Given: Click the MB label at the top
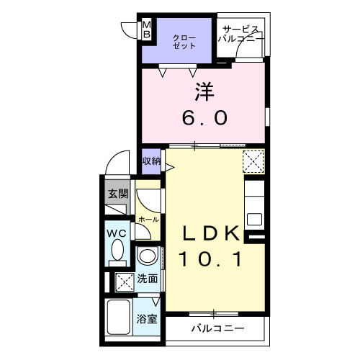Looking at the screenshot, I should tap(146, 29).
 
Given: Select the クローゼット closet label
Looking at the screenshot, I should tap(184, 40).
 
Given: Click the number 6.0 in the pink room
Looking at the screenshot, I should tap(203, 116).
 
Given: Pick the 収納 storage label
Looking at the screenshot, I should tap(151, 161).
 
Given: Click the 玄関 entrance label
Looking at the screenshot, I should tap(118, 193).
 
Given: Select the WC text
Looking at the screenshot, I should tap(117, 233).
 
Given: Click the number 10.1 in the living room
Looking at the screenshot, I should tap(209, 257).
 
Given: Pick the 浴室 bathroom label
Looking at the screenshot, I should tap(148, 319).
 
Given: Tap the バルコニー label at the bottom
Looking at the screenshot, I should tap(217, 330).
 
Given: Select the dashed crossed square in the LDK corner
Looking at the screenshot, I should tap(253, 160).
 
